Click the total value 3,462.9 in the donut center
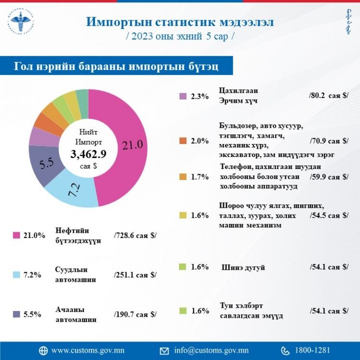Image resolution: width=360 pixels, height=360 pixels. [x=88, y=154]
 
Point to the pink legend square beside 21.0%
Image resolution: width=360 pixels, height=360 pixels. [x=16, y=235]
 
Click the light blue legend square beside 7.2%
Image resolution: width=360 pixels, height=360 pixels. [x=16, y=275]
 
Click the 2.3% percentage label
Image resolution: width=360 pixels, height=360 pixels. [x=200, y=96]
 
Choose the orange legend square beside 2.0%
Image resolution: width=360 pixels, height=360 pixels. [x=183, y=141]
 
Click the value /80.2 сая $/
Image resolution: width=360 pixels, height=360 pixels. [x=329, y=96]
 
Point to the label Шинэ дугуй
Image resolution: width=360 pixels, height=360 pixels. [x=243, y=267]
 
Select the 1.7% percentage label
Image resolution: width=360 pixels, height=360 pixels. [x=200, y=177]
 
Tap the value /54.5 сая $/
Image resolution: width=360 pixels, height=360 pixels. [x=329, y=215]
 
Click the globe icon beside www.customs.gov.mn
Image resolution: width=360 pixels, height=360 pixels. [x=43, y=350]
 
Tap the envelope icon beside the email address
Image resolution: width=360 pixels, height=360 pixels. [x=165, y=350]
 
